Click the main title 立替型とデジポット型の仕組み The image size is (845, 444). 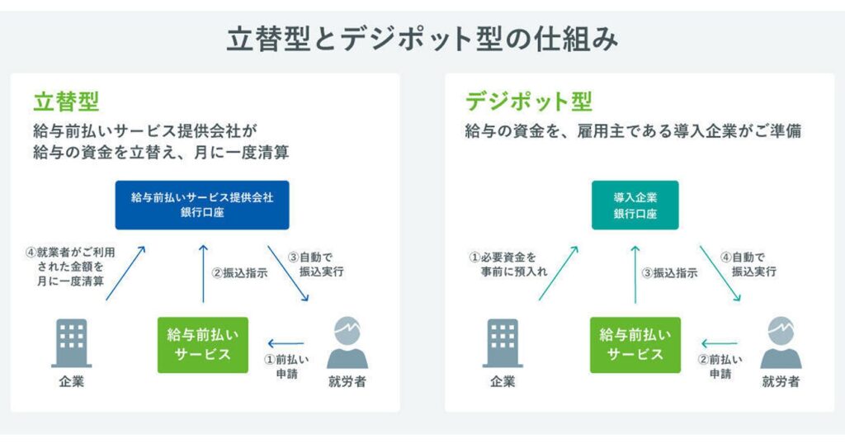(x=422, y=40)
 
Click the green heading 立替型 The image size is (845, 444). (x=66, y=102)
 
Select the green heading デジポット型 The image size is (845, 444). (x=529, y=102)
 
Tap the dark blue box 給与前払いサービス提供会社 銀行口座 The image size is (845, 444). (x=202, y=205)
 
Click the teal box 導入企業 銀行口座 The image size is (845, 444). (x=635, y=205)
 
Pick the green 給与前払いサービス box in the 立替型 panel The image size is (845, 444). (x=203, y=345)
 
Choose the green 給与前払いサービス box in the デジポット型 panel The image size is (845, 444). (x=635, y=345)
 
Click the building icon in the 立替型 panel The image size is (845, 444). (x=72, y=342)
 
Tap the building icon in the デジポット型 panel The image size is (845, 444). (x=503, y=342)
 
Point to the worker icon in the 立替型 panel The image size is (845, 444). (x=347, y=342)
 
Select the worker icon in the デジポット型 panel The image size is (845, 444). (x=781, y=342)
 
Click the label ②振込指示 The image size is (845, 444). (x=240, y=272)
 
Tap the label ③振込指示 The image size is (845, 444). (x=670, y=272)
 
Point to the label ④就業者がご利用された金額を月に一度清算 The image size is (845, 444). (x=71, y=267)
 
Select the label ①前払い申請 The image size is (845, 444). (x=286, y=366)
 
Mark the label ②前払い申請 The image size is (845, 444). (x=720, y=366)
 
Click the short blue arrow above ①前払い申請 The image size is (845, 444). (x=286, y=343)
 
